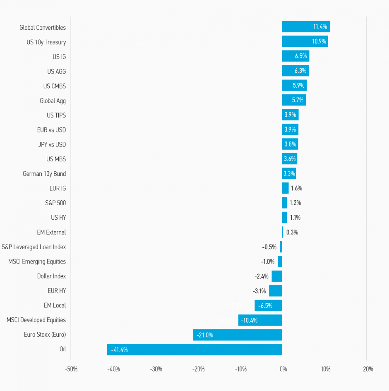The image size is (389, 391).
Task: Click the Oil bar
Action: pyautogui.click(x=194, y=349)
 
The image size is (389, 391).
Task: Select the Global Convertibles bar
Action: pyautogui.click(x=306, y=27)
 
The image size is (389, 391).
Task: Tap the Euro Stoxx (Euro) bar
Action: pyautogui.click(x=238, y=335)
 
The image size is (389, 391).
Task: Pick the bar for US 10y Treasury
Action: pyautogui.click(x=305, y=41)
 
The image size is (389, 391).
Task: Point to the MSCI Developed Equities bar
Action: pyautogui.click(x=260, y=320)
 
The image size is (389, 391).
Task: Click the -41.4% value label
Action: pyautogui.click(x=119, y=350)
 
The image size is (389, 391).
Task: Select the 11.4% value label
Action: pyautogui.click(x=320, y=27)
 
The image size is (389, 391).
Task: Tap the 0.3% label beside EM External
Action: pyautogui.click(x=292, y=232)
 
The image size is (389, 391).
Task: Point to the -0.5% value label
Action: pyautogui.click(x=269, y=247)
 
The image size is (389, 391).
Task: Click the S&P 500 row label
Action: pyautogui.click(x=55, y=203)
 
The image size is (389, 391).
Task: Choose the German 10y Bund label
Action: pyautogui.click(x=44, y=174)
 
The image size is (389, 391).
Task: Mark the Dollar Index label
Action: pyautogui.click(x=51, y=276)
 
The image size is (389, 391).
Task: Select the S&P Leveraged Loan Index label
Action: pyautogui.click(x=34, y=247)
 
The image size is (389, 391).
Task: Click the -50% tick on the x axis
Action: pyautogui.click(x=71, y=369)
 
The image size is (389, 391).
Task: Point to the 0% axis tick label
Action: pyautogui.click(x=283, y=369)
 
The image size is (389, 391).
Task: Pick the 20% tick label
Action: pyautogui.click(x=368, y=369)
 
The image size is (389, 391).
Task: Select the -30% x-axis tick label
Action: pyautogui.click(x=156, y=369)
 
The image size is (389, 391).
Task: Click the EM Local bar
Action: pyautogui.click(x=268, y=305)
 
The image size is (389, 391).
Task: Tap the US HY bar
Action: pyautogui.click(x=284, y=217)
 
